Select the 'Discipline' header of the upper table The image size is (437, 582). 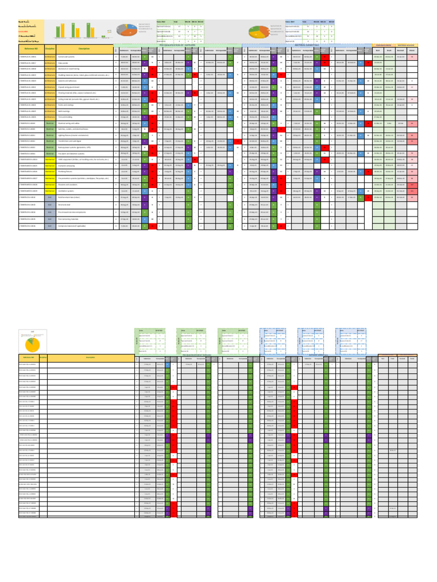pos(50,49)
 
